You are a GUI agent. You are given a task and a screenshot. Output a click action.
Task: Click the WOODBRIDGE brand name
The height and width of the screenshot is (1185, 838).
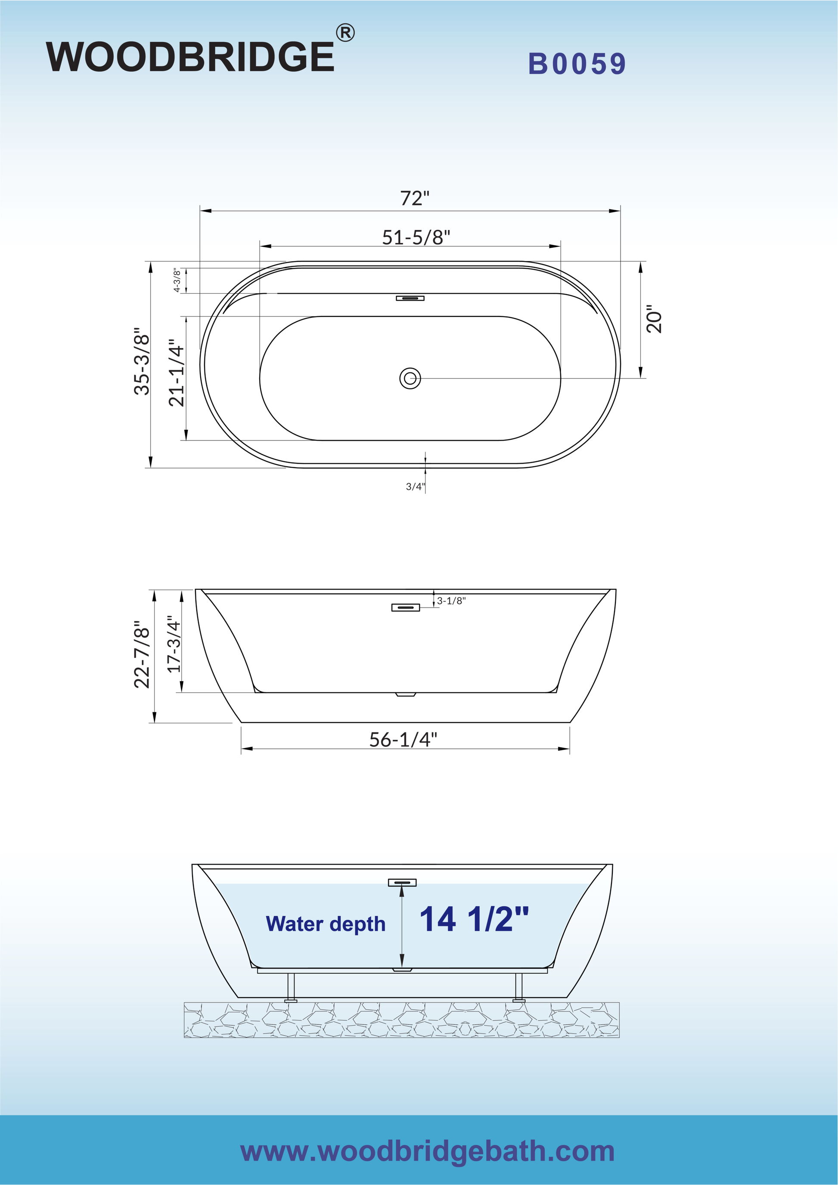pyautogui.click(x=190, y=57)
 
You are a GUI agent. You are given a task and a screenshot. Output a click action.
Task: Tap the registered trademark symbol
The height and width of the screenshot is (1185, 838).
pyautogui.click(x=345, y=33)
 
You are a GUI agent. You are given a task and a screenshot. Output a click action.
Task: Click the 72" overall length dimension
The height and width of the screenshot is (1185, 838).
pyautogui.click(x=414, y=198)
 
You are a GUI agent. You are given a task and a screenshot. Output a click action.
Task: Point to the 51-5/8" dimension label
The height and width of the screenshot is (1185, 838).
pyautogui.click(x=416, y=237)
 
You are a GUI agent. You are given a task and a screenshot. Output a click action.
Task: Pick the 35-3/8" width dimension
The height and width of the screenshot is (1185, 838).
pyautogui.click(x=142, y=361)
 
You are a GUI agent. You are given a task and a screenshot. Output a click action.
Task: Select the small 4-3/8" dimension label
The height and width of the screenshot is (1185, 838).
pyautogui.click(x=177, y=280)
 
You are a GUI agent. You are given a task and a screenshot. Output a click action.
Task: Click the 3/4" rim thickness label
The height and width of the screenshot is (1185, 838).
pyautogui.click(x=415, y=486)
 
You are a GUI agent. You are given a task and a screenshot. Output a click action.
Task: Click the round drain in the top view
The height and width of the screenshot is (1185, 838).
pyautogui.click(x=410, y=378)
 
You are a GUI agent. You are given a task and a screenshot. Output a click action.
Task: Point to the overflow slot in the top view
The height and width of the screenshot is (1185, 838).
pyautogui.click(x=410, y=298)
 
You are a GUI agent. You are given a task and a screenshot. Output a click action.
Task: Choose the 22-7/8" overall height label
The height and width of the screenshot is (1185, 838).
pyautogui.click(x=142, y=655)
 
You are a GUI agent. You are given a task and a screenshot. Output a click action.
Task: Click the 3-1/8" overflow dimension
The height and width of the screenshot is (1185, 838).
pyautogui.click(x=451, y=600)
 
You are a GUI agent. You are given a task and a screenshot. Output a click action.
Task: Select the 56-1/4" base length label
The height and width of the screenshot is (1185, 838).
pyautogui.click(x=403, y=740)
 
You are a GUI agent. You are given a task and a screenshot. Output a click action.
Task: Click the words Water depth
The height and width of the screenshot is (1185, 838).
pyautogui.click(x=326, y=924)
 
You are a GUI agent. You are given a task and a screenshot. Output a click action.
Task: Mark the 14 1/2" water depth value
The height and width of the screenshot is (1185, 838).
pyautogui.click(x=473, y=920)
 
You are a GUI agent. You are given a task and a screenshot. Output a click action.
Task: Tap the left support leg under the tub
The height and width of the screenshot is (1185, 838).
pyautogui.click(x=291, y=987)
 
